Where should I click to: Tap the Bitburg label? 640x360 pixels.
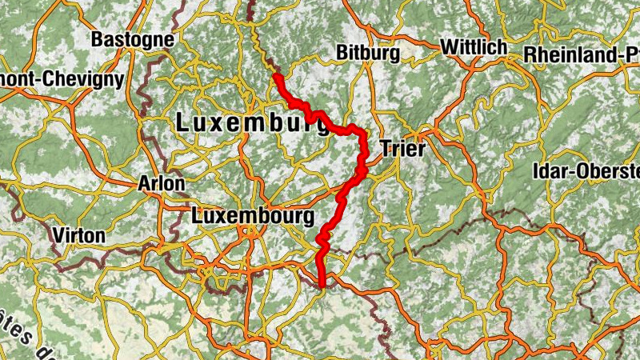pos(368,53)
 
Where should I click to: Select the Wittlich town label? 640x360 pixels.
pos(474,46)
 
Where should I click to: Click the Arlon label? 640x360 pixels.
pos(162,183)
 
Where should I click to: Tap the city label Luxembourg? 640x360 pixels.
pos(251,215)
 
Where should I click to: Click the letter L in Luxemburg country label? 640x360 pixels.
pos(182,122)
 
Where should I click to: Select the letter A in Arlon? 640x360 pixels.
pos(145,183)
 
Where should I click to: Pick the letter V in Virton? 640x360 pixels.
pos(56,235)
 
